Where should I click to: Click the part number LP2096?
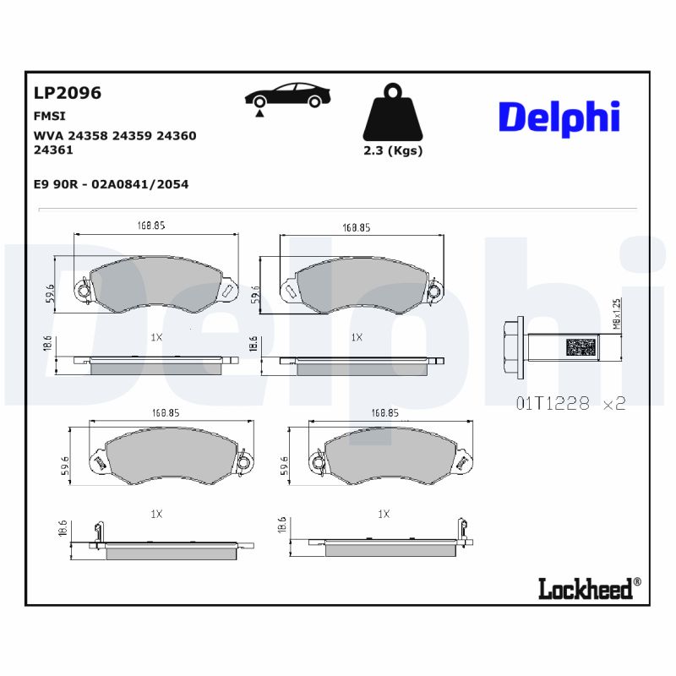click(67, 94)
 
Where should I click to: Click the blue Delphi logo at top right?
click(559, 117)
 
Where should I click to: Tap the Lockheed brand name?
click(585, 588)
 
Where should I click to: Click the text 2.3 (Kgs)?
click(392, 151)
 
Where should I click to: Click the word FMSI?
click(50, 116)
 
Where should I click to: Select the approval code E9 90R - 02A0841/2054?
click(111, 183)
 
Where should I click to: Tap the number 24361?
click(53, 150)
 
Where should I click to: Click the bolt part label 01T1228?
click(553, 403)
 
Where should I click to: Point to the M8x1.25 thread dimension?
click(617, 313)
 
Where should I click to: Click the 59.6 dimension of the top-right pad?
click(256, 293)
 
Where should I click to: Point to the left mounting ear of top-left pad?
click(82, 291)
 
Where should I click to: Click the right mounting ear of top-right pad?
click(434, 291)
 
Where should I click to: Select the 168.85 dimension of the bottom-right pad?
click(384, 413)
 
